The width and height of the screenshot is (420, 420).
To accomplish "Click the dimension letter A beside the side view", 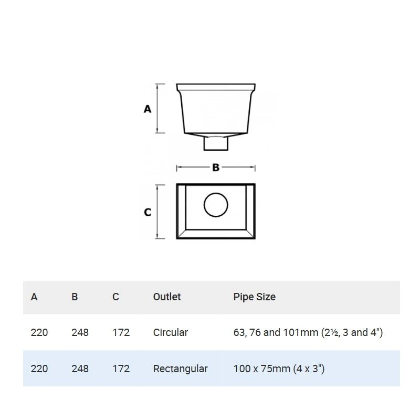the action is [148, 109].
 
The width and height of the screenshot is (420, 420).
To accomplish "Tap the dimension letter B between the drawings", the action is [216, 167].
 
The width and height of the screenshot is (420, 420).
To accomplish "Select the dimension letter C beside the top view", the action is [148, 212].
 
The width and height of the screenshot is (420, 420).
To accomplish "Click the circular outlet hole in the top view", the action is [216, 205].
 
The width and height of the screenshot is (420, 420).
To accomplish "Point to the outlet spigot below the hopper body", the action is [216, 143].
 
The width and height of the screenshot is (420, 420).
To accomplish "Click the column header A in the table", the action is [34, 297].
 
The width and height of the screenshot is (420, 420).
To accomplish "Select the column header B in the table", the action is [75, 297].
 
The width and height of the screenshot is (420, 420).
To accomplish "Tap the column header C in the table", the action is [115, 297].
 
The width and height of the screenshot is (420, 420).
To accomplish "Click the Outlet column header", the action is [167, 297].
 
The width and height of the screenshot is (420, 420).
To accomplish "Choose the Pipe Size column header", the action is [255, 297].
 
